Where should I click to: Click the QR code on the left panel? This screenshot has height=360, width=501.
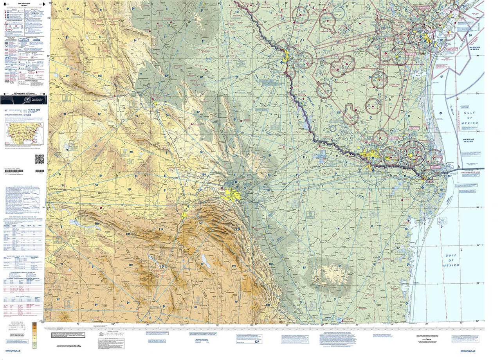coord(40,159)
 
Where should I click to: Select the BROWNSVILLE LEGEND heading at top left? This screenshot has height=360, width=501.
coord(24,3)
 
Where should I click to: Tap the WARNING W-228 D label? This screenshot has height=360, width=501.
coord(469,140)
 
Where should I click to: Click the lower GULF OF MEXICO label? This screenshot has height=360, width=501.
coord(451,260)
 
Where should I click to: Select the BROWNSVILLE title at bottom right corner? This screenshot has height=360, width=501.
coord(469,351)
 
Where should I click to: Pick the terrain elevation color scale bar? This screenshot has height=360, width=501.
coord(34,335)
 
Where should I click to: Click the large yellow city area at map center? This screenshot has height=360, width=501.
coord(232,193)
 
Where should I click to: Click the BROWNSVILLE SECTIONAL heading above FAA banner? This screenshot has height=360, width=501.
coord(24,94)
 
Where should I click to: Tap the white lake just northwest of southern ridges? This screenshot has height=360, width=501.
coord(206,261)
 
